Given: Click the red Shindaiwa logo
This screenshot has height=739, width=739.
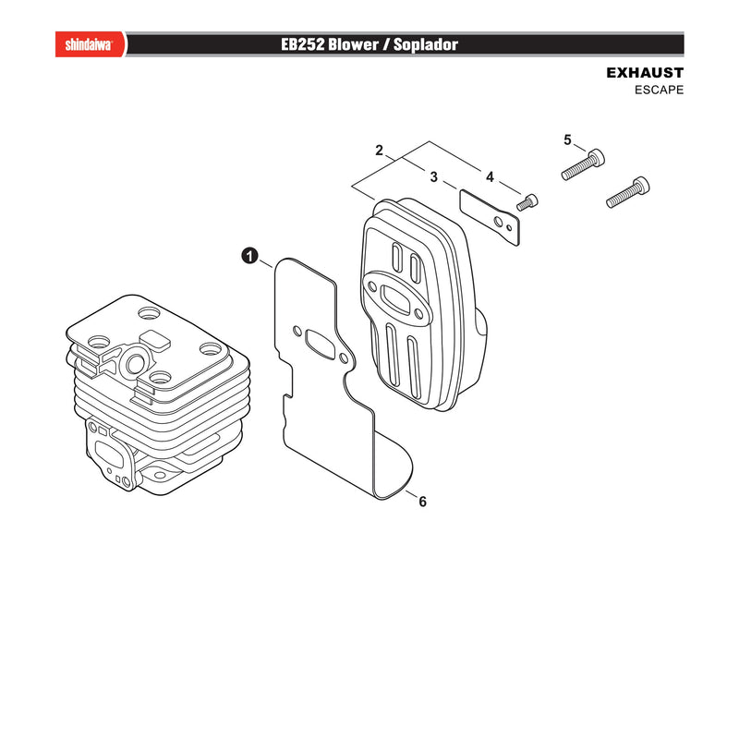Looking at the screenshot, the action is pos(91,44).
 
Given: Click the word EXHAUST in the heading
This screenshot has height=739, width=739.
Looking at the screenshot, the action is pos(644,73).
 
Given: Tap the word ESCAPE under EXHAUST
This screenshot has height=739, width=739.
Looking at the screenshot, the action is pos(659,90).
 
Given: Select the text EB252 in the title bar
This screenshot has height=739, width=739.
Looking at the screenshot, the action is pos(303,44).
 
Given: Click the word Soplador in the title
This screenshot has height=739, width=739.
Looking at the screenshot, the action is pos(426,44).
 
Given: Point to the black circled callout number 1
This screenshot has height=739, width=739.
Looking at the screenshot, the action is pos(249,256).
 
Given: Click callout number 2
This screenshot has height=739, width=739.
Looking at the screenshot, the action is pos(379,150).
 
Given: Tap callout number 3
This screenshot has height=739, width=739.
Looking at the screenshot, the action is pos(433,176).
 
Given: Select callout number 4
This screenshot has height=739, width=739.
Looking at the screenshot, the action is pos(490,176).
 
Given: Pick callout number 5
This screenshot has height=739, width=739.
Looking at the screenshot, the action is pos(567,139).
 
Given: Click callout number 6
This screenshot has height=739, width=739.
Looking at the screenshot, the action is pos(422,502).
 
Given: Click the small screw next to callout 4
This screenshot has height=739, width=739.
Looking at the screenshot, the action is pos(527,202).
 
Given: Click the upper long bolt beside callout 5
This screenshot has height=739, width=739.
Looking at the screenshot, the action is pos(583,164).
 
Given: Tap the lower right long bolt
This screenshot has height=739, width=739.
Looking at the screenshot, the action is pos(627,192).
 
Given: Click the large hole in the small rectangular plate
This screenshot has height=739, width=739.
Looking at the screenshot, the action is pos(498,221).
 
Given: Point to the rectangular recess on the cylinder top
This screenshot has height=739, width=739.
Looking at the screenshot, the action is pos(155,340).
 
